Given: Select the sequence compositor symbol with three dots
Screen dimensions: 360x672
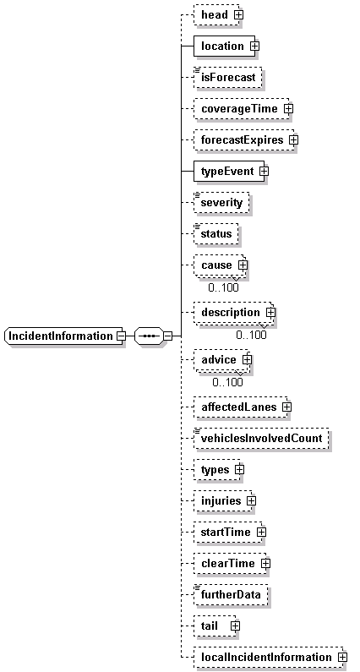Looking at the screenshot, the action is [149, 336].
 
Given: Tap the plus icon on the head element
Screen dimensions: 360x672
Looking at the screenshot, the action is [238, 14].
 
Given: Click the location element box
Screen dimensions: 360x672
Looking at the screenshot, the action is [224, 46].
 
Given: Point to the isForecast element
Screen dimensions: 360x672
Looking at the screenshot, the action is [227, 78].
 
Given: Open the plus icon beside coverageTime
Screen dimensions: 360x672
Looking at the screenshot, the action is [288, 109].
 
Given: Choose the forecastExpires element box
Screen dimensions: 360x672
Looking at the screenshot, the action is [244, 140].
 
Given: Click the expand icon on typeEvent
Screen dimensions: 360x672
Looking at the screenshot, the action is [264, 172].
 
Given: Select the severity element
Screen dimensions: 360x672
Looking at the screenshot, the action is [221, 203].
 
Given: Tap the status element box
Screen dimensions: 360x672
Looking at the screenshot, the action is [216, 234].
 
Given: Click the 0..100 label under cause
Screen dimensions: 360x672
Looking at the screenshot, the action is [223, 287].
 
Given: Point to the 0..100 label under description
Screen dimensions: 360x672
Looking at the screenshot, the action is [251, 335].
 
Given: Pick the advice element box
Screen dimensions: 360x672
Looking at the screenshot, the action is [221, 360].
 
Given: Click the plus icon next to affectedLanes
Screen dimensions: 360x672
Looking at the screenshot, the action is [286, 407].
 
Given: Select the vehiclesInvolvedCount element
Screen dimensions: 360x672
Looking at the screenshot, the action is [261, 439].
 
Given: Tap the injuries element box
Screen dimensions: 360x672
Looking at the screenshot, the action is [223, 500].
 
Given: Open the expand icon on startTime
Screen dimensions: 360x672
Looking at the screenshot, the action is [261, 533].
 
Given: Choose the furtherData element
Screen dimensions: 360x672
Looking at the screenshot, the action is [231, 595].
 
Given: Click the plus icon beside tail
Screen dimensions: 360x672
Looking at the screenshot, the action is [235, 626].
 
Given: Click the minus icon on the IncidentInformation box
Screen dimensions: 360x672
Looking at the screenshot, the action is [122, 336].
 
